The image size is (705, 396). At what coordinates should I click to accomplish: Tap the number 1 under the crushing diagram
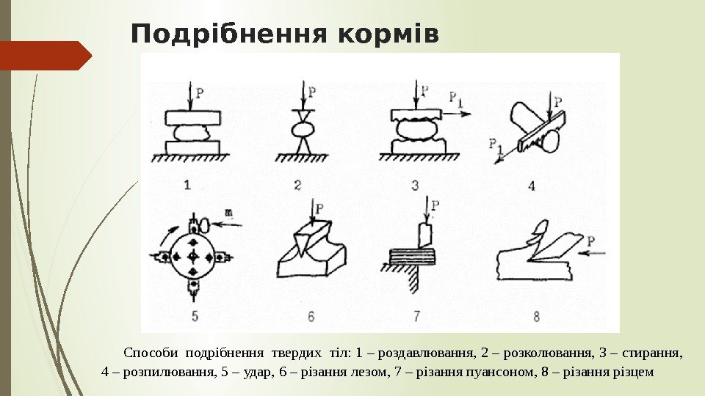pos(188,185)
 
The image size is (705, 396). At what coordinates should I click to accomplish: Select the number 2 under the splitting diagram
pos(297,185)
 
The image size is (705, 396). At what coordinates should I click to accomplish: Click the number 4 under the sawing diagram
pos(532,185)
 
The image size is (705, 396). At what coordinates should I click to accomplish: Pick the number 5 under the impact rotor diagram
pos(195,316)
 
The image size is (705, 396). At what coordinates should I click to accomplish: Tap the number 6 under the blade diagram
pos(311,317)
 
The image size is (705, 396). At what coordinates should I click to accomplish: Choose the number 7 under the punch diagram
pos(416,317)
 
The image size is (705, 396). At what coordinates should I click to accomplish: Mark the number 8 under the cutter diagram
pos(537,317)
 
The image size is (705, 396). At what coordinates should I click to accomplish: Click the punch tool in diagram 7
pos(425,235)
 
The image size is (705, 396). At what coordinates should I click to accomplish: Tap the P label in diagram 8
pos(592,240)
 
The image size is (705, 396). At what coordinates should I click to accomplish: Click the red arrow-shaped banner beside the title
pos(44,55)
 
